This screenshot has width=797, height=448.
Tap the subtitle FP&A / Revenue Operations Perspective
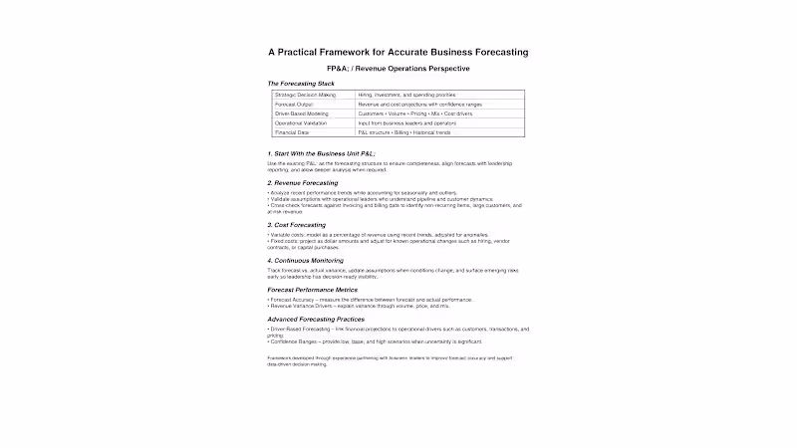(398, 69)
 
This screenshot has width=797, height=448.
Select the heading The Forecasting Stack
(300, 84)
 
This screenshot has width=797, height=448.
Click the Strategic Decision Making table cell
(306, 95)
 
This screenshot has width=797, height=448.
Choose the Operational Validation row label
(302, 122)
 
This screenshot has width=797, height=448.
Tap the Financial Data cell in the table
(293, 132)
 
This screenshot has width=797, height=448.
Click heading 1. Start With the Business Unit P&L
(322, 153)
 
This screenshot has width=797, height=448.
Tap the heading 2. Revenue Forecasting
(303, 183)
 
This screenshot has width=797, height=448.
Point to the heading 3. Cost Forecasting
(297, 225)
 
